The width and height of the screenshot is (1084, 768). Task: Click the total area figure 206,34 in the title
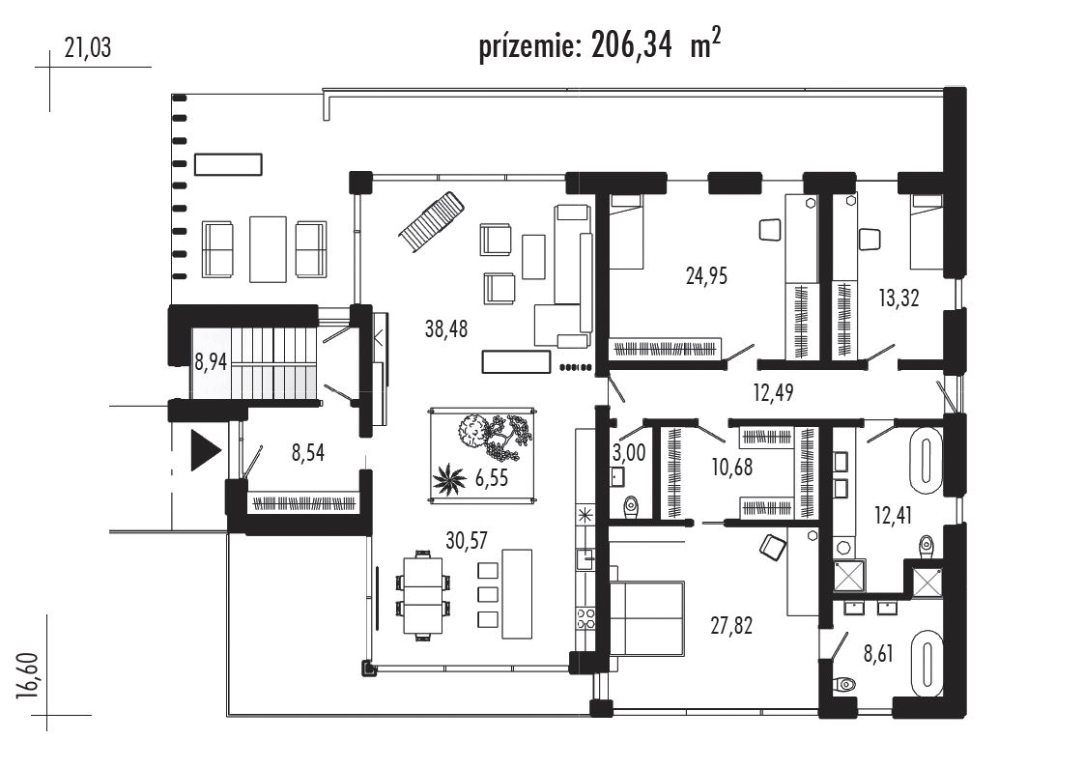631,46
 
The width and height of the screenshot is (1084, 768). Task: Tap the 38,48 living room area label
446,328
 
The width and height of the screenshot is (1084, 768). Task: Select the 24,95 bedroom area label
706,276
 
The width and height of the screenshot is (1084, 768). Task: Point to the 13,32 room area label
899,298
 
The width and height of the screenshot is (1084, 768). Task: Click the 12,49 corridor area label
773,392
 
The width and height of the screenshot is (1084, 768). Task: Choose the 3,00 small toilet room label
629,453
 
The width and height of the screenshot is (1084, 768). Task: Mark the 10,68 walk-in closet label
732,468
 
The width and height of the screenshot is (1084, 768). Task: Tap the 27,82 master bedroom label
731,626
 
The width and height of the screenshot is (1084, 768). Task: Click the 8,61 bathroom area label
878,653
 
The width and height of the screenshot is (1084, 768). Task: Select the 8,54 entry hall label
307,453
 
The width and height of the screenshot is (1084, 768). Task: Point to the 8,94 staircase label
211,361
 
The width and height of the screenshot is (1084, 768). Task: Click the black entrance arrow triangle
206,451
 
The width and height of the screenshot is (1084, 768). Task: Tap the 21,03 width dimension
87,47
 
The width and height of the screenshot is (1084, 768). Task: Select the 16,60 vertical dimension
29,676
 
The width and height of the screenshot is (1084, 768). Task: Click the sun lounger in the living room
430,222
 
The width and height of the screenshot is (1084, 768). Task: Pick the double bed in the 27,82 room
647,618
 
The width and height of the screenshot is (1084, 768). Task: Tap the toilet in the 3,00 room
631,507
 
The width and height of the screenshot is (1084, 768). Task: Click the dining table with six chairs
423,595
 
